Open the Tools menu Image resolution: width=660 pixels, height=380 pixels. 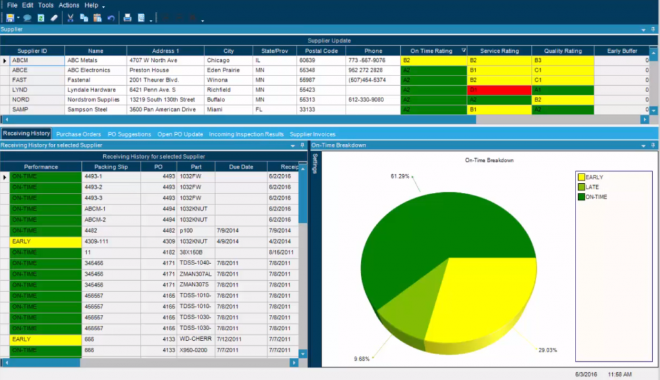[46, 5]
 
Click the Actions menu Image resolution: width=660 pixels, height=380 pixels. [69, 5]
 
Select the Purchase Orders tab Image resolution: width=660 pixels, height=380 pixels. [79, 134]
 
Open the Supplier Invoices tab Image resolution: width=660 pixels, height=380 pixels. [312, 134]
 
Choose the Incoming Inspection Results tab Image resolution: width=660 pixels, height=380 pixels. [246, 134]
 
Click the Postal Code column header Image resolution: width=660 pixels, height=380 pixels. [322, 51]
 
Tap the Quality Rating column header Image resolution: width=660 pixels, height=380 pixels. [563, 51]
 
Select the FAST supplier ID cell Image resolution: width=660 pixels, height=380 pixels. [20, 80]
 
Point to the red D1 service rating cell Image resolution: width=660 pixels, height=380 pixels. [499, 90]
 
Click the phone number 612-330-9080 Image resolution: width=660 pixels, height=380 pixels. [365, 100]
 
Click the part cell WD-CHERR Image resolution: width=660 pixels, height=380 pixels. [193, 339]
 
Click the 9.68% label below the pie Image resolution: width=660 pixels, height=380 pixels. [362, 358]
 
